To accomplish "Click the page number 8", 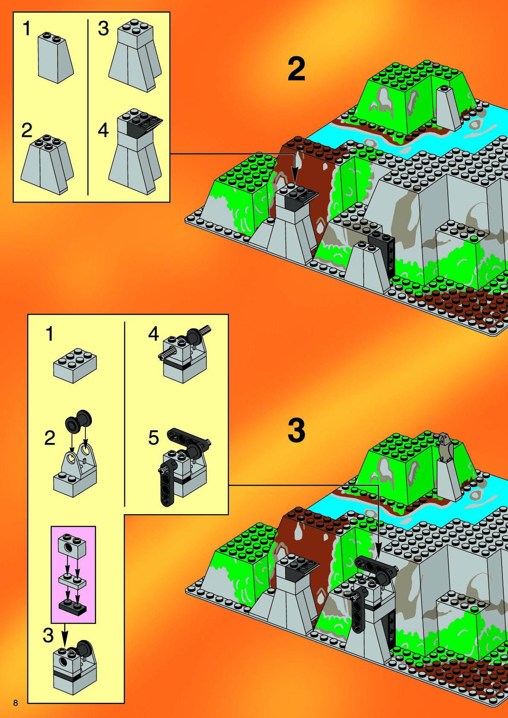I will tap(16, 703).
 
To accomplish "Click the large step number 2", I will tap(296, 69).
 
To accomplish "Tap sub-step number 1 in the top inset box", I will tap(27, 29).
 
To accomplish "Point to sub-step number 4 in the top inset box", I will tap(103, 130).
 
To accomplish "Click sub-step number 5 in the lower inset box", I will tap(153, 438).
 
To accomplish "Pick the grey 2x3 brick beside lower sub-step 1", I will tap(75, 365).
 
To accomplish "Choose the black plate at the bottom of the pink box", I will tap(71, 606).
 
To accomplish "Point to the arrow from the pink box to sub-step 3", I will tap(64, 635).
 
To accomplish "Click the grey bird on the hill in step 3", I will tap(445, 447).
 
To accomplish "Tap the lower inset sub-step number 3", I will tap(48, 635).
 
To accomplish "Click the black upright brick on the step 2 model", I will tap(388, 254).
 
